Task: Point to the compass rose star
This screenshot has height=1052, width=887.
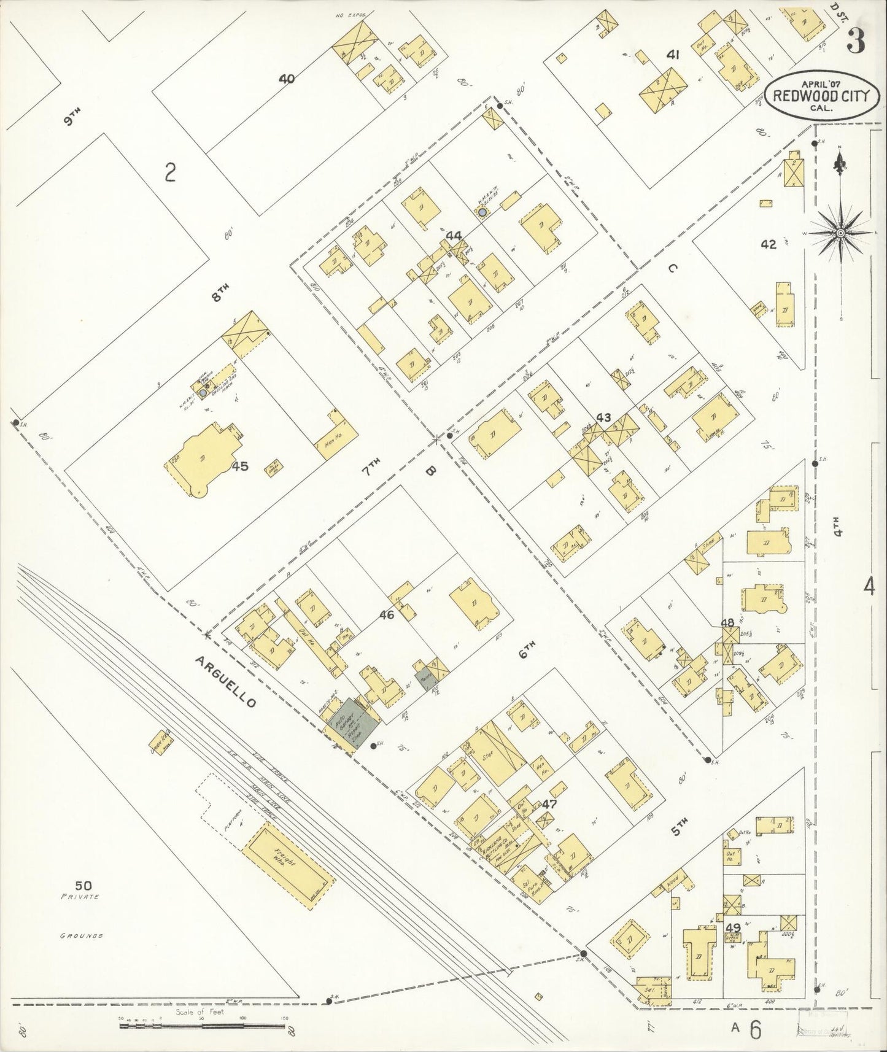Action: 840,233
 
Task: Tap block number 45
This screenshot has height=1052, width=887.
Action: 240,466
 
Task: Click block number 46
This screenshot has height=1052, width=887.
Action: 385,614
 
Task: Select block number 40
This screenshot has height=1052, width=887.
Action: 286,78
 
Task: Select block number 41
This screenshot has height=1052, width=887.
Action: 673,55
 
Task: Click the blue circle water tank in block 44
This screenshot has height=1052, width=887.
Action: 482,212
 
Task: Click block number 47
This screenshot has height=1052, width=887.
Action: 549,803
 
